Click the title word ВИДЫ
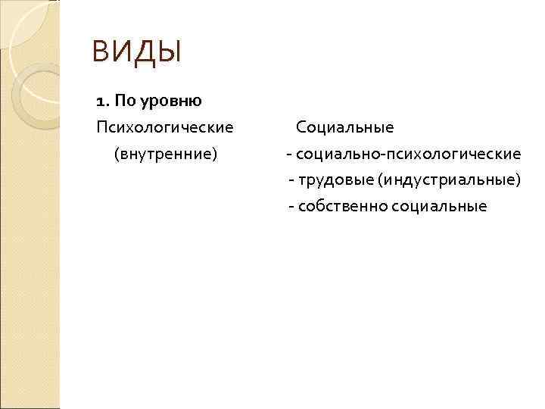tap(137, 52)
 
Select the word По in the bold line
tap(123, 100)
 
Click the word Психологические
tap(165, 126)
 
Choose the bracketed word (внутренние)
tap(165, 154)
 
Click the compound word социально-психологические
tap(409, 154)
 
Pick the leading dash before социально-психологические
tap(288, 155)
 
